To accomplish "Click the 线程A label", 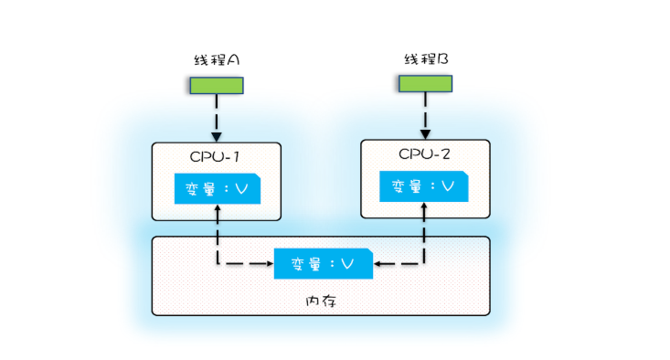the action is click(x=217, y=59).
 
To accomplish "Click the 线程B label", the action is click(x=426, y=58).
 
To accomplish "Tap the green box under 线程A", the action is click(x=217, y=85).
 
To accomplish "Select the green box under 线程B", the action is click(x=425, y=84).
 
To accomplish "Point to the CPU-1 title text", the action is click(x=215, y=157).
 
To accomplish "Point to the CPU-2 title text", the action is click(x=424, y=154).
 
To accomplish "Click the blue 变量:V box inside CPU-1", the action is click(x=218, y=189).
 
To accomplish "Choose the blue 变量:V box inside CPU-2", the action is click(x=424, y=186).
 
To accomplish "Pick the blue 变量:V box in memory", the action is click(x=324, y=263).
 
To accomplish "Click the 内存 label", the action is click(x=321, y=302).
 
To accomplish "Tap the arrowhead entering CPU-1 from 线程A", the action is click(x=217, y=137).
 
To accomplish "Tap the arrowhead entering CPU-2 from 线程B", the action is click(x=425, y=134).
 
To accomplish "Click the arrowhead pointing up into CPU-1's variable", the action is click(x=218, y=208).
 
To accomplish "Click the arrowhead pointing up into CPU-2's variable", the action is click(x=424, y=206).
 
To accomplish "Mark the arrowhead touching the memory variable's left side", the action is click(x=270, y=263).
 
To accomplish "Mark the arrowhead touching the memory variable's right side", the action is click(x=378, y=263).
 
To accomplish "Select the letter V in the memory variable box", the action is click(x=347, y=264).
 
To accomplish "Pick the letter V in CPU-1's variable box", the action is click(x=241, y=189).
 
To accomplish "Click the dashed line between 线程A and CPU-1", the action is click(x=217, y=113).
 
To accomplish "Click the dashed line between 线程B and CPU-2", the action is click(x=425, y=111).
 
